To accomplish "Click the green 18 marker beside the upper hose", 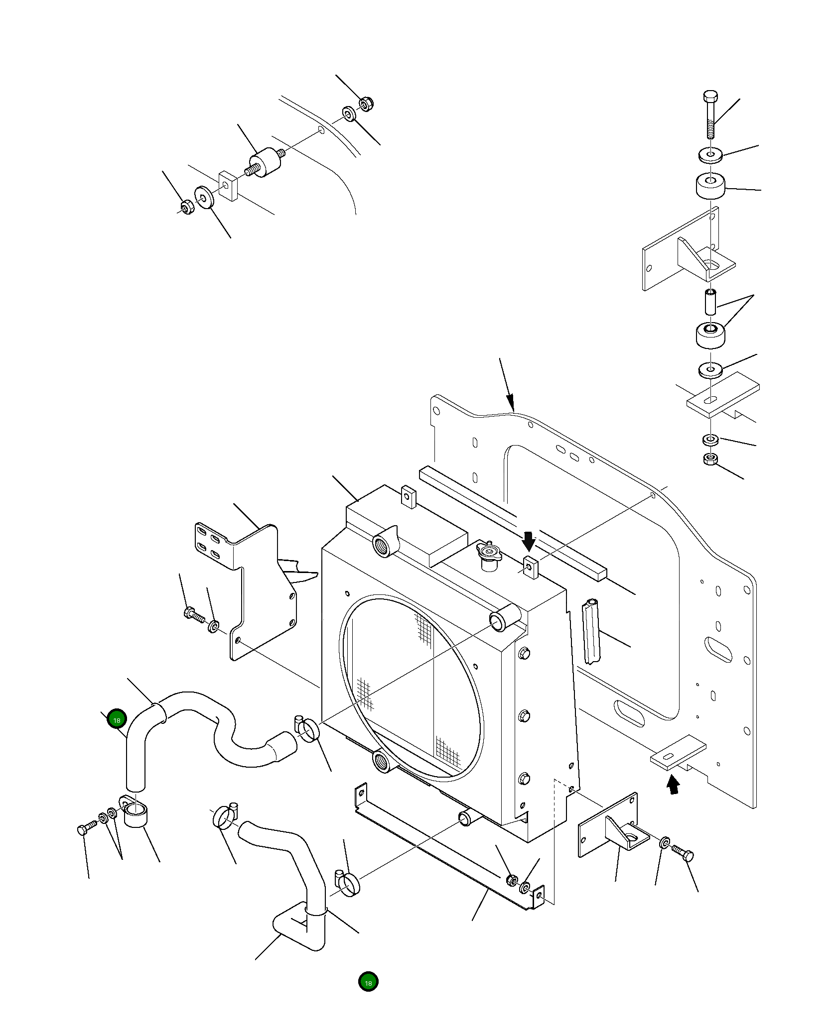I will pos(117,718).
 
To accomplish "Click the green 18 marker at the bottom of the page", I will pos(368,982).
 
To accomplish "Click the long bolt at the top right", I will pos(710,114).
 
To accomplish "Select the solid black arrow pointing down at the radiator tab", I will pos(529,540).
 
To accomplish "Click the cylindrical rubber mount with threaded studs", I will pos(265,163).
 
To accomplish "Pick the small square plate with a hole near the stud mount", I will pos(228,186).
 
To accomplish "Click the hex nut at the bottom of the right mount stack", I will pos(710,460).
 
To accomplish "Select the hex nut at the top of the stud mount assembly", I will pos(366,104).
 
